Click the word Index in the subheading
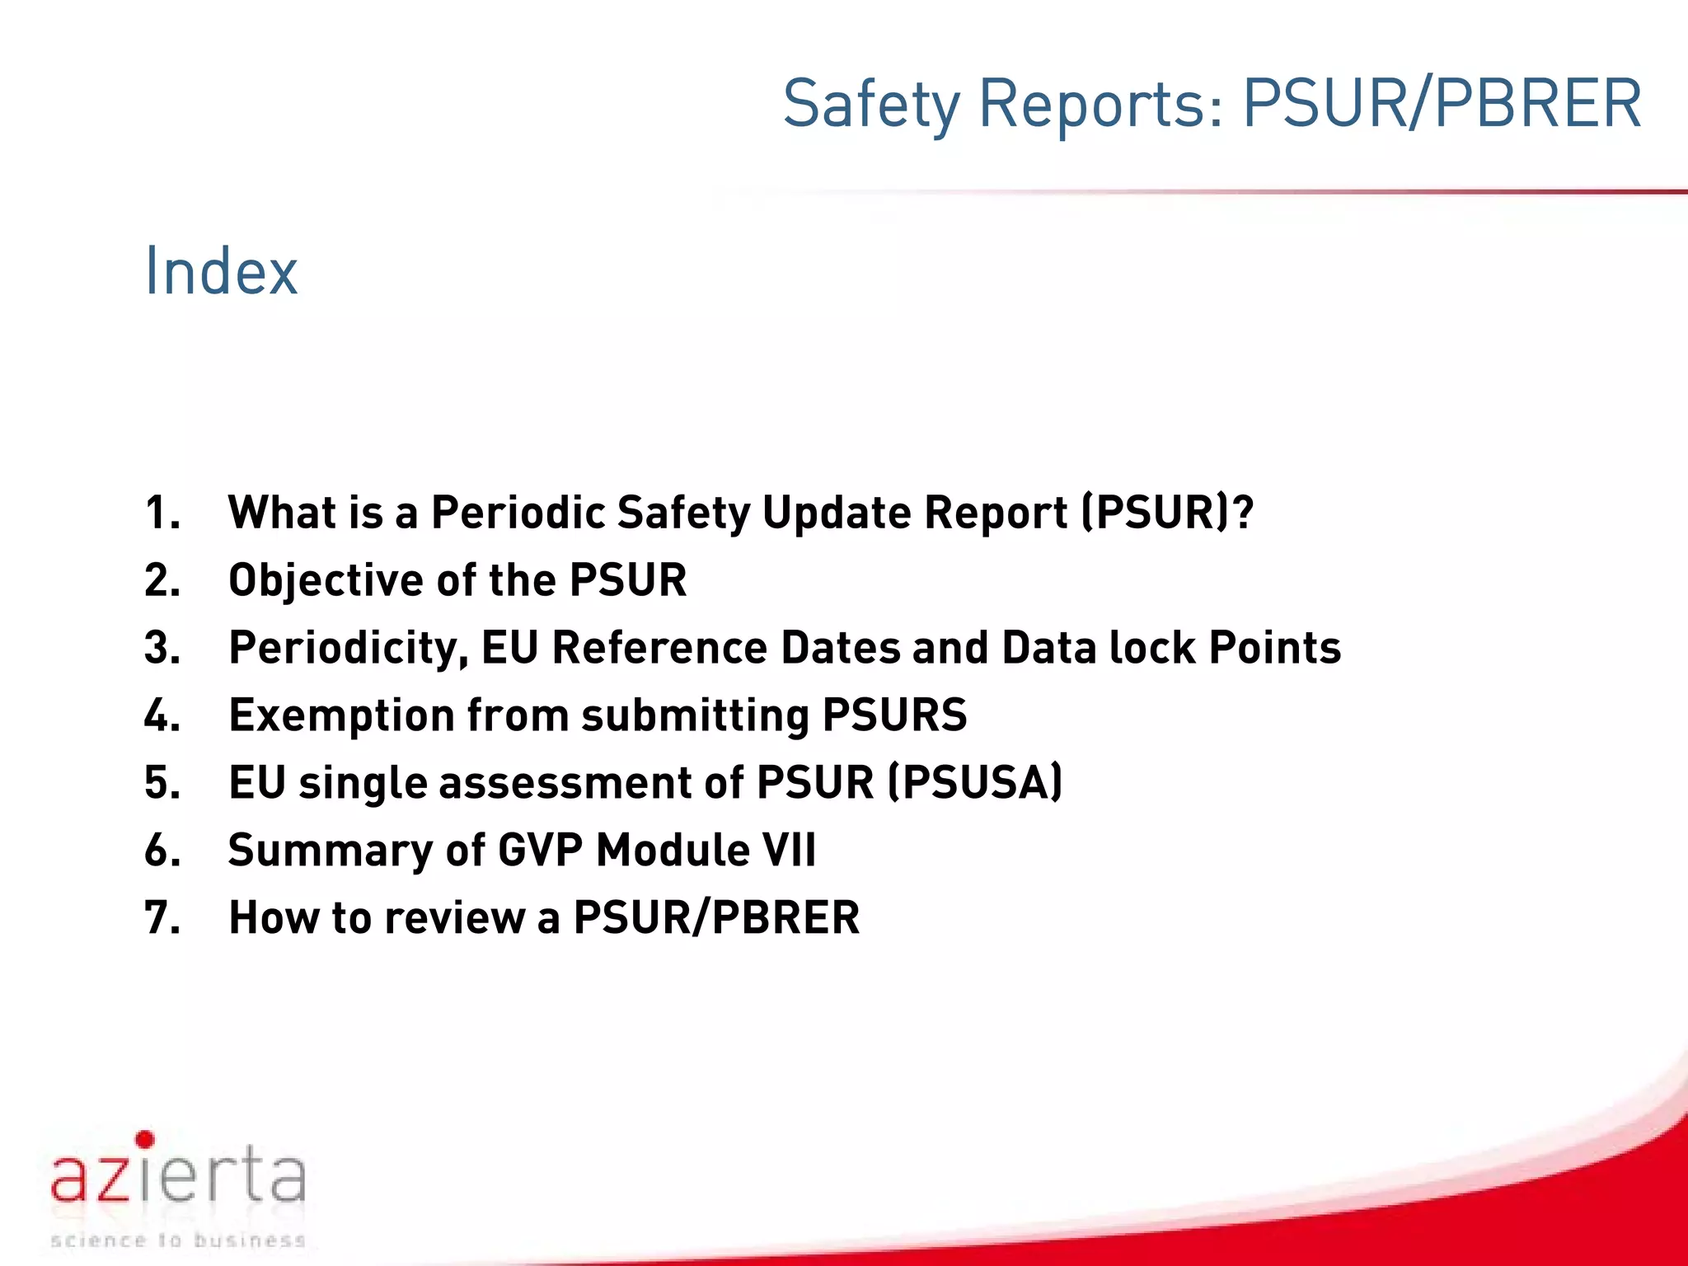221,271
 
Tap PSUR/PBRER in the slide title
1442,104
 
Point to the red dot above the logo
145,1140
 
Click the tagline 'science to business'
178,1240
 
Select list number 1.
162,513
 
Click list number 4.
162,715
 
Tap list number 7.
162,918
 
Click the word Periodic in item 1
519,513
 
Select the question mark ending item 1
1243,513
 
